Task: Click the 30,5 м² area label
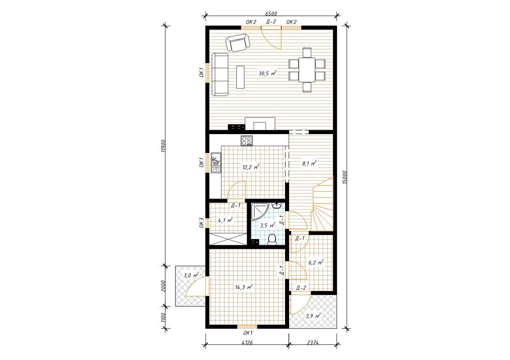[267, 73]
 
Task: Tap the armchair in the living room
[238, 42]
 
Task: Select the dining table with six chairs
[307, 70]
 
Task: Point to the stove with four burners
[247, 141]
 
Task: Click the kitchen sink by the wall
[216, 163]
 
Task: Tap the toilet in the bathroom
[272, 240]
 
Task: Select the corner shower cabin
[260, 211]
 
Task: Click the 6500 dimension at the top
[271, 14]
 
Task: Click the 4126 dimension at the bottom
[247, 342]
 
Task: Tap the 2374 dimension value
[313, 342]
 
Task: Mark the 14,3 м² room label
[244, 287]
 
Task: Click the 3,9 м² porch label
[313, 316]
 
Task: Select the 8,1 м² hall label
[309, 163]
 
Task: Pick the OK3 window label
[202, 223]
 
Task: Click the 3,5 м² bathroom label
[267, 225]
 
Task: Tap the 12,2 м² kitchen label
[250, 167]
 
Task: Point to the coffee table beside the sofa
[241, 77]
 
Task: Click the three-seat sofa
[220, 74]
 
